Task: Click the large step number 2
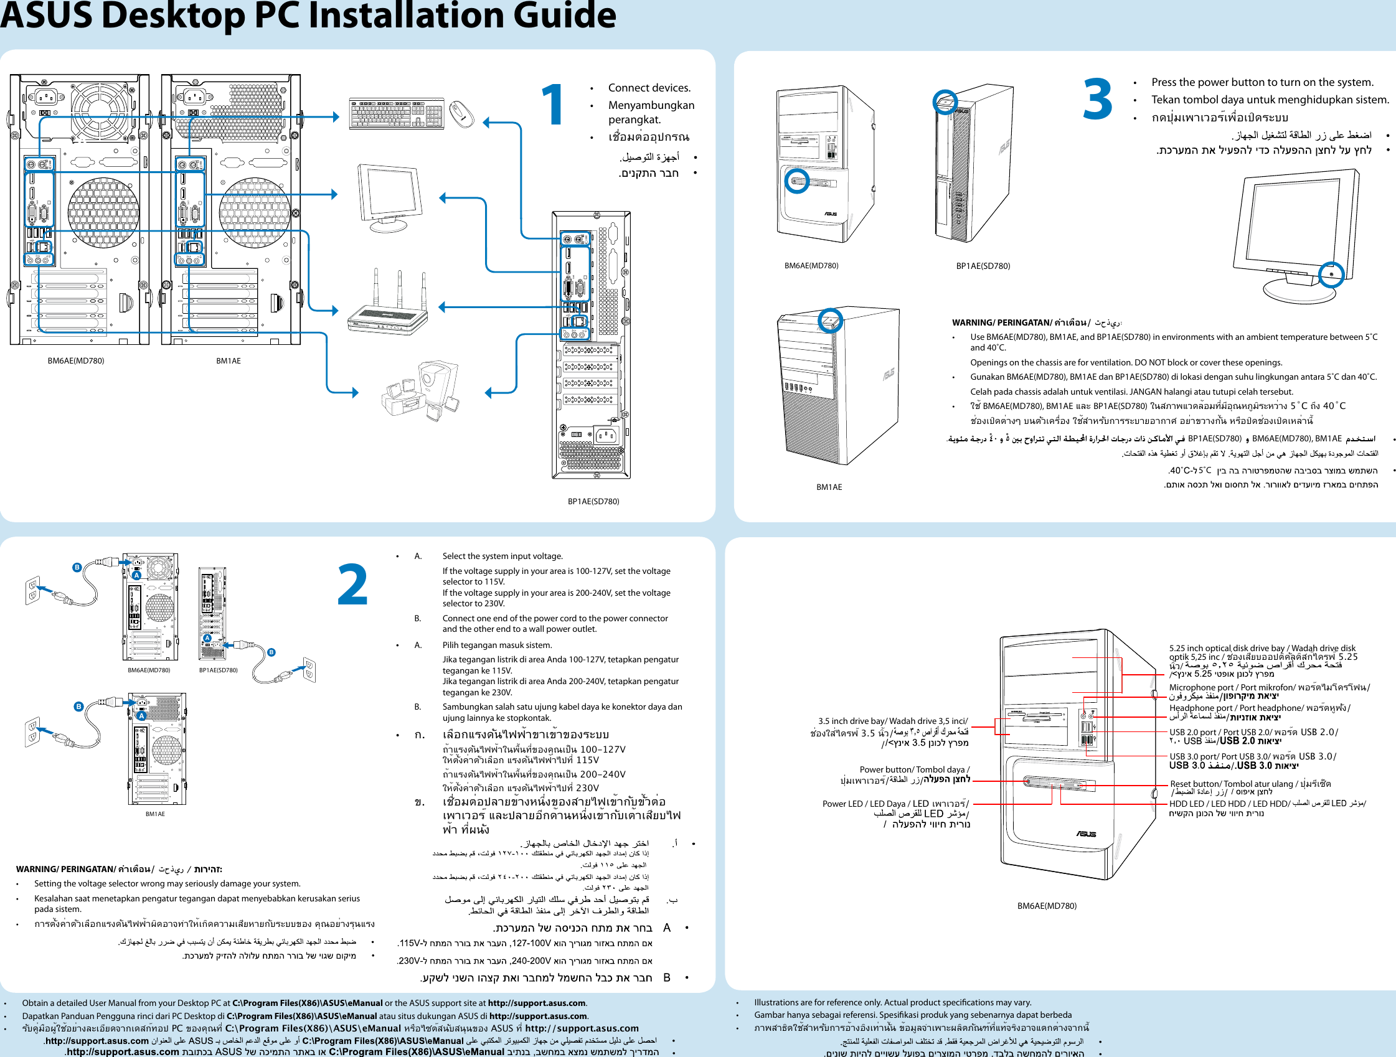tap(352, 585)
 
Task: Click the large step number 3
tap(1098, 99)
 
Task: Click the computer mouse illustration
tap(462, 114)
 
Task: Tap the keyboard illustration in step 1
tap(397, 113)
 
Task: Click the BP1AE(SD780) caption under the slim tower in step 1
tap(593, 501)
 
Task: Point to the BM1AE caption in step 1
tap(228, 361)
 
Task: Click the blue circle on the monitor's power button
tap(1332, 274)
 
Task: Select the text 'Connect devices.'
tap(649, 88)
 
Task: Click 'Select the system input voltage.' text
tap(502, 556)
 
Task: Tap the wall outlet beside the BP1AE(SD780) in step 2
tap(309, 670)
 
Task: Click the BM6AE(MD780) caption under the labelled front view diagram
tap(1046, 906)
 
